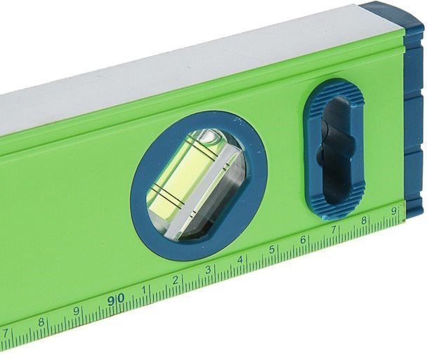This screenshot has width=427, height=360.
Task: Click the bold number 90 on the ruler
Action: (116, 300)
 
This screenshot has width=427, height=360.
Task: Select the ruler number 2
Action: (176, 280)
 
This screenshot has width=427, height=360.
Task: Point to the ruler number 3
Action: (208, 270)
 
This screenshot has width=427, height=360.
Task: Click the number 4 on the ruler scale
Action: (240, 260)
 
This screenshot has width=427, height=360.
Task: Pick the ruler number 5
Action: (272, 249)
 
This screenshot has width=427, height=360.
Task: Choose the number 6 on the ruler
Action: (303, 240)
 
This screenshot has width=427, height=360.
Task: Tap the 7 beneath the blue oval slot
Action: (334, 230)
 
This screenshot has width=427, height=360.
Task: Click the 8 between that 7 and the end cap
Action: (364, 220)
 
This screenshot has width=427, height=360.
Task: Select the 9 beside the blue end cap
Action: (393, 211)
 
